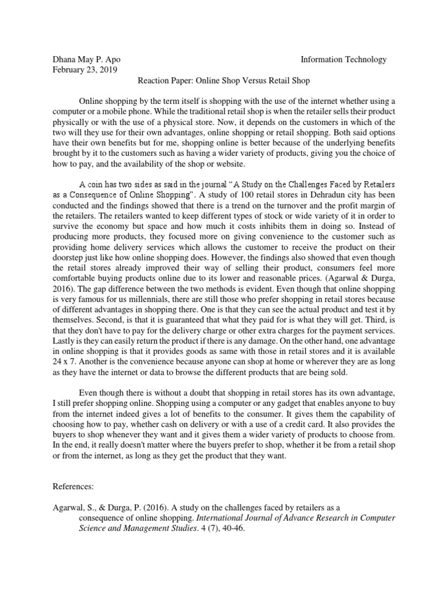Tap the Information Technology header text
(344, 59)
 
